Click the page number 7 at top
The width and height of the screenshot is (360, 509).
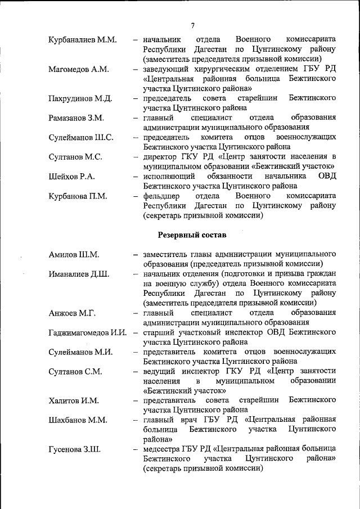pyautogui.click(x=192, y=25)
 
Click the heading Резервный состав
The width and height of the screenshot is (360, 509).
pyautogui.click(x=192, y=235)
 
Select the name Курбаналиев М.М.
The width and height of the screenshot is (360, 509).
pyautogui.click(x=83, y=40)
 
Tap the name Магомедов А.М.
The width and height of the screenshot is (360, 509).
pyautogui.click(x=79, y=70)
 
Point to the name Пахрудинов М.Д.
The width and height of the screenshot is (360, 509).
pyautogui.click(x=80, y=100)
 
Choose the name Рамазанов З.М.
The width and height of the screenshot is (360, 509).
pyautogui.click(x=76, y=119)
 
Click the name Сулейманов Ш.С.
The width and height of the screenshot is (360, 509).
pyautogui.click(x=81, y=138)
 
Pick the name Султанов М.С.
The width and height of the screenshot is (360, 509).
pyautogui.click(x=75, y=157)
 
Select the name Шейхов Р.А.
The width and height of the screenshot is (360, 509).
pyautogui.click(x=71, y=177)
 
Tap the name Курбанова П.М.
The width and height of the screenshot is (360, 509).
pyautogui.click(x=78, y=196)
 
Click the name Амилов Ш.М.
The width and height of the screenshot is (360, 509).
pyautogui.click(x=74, y=255)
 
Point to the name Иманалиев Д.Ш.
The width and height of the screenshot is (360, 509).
pyautogui.click(x=79, y=274)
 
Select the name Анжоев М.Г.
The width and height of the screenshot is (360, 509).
pyautogui.click(x=72, y=313)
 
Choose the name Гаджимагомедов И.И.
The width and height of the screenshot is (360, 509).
pyautogui.click(x=87, y=333)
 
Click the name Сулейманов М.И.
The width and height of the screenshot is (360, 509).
pyautogui.click(x=80, y=352)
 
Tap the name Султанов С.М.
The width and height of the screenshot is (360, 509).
pyautogui.click(x=75, y=371)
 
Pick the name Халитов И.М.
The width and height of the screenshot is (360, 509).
pyautogui.click(x=74, y=400)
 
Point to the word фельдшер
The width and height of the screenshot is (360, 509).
pyautogui.click(x=161, y=196)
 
